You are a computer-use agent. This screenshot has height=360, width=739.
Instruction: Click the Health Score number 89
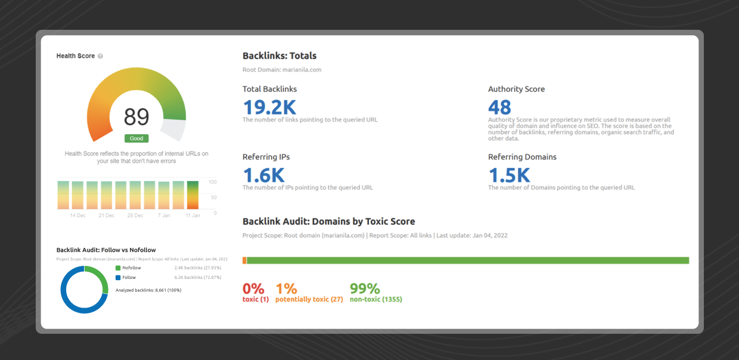pyautogui.click(x=136, y=117)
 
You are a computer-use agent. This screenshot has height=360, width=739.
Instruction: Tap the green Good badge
pyautogui.click(x=136, y=138)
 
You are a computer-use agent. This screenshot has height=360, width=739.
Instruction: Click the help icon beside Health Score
pyautogui.click(x=100, y=56)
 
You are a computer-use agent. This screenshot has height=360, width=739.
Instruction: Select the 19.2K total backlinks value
pyautogui.click(x=269, y=107)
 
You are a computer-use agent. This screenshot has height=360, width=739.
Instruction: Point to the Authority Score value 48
pyautogui.click(x=499, y=107)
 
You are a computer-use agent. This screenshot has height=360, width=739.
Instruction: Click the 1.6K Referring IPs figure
pyautogui.click(x=264, y=175)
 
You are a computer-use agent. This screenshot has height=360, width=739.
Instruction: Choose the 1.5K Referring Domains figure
pyautogui.click(x=509, y=175)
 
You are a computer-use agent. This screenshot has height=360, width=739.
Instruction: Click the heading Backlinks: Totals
pyautogui.click(x=280, y=56)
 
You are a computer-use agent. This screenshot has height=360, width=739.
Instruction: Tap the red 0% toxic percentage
pyautogui.click(x=253, y=288)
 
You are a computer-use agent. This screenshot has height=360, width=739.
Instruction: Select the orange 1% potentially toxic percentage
pyautogui.click(x=286, y=288)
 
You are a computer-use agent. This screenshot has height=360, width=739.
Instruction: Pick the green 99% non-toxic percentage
pyautogui.click(x=365, y=288)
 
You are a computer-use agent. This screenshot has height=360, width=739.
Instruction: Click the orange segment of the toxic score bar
pyautogui.click(x=244, y=260)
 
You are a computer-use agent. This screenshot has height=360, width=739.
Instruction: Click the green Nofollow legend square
pyautogui.click(x=118, y=268)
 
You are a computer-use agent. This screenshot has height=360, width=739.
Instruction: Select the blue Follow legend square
pyautogui.click(x=118, y=278)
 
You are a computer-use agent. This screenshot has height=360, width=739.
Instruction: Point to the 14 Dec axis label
pyautogui.click(x=78, y=215)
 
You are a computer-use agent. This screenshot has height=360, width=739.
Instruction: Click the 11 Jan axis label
pyautogui.click(x=192, y=215)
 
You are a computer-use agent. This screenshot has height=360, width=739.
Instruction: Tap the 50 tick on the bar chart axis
pyautogui.click(x=213, y=197)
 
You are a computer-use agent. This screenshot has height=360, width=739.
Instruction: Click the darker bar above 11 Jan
pyautogui.click(x=192, y=195)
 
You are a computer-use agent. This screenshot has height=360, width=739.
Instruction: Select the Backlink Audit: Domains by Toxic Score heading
pyautogui.click(x=328, y=222)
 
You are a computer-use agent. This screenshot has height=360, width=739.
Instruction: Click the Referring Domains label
pyautogui.click(x=522, y=157)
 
